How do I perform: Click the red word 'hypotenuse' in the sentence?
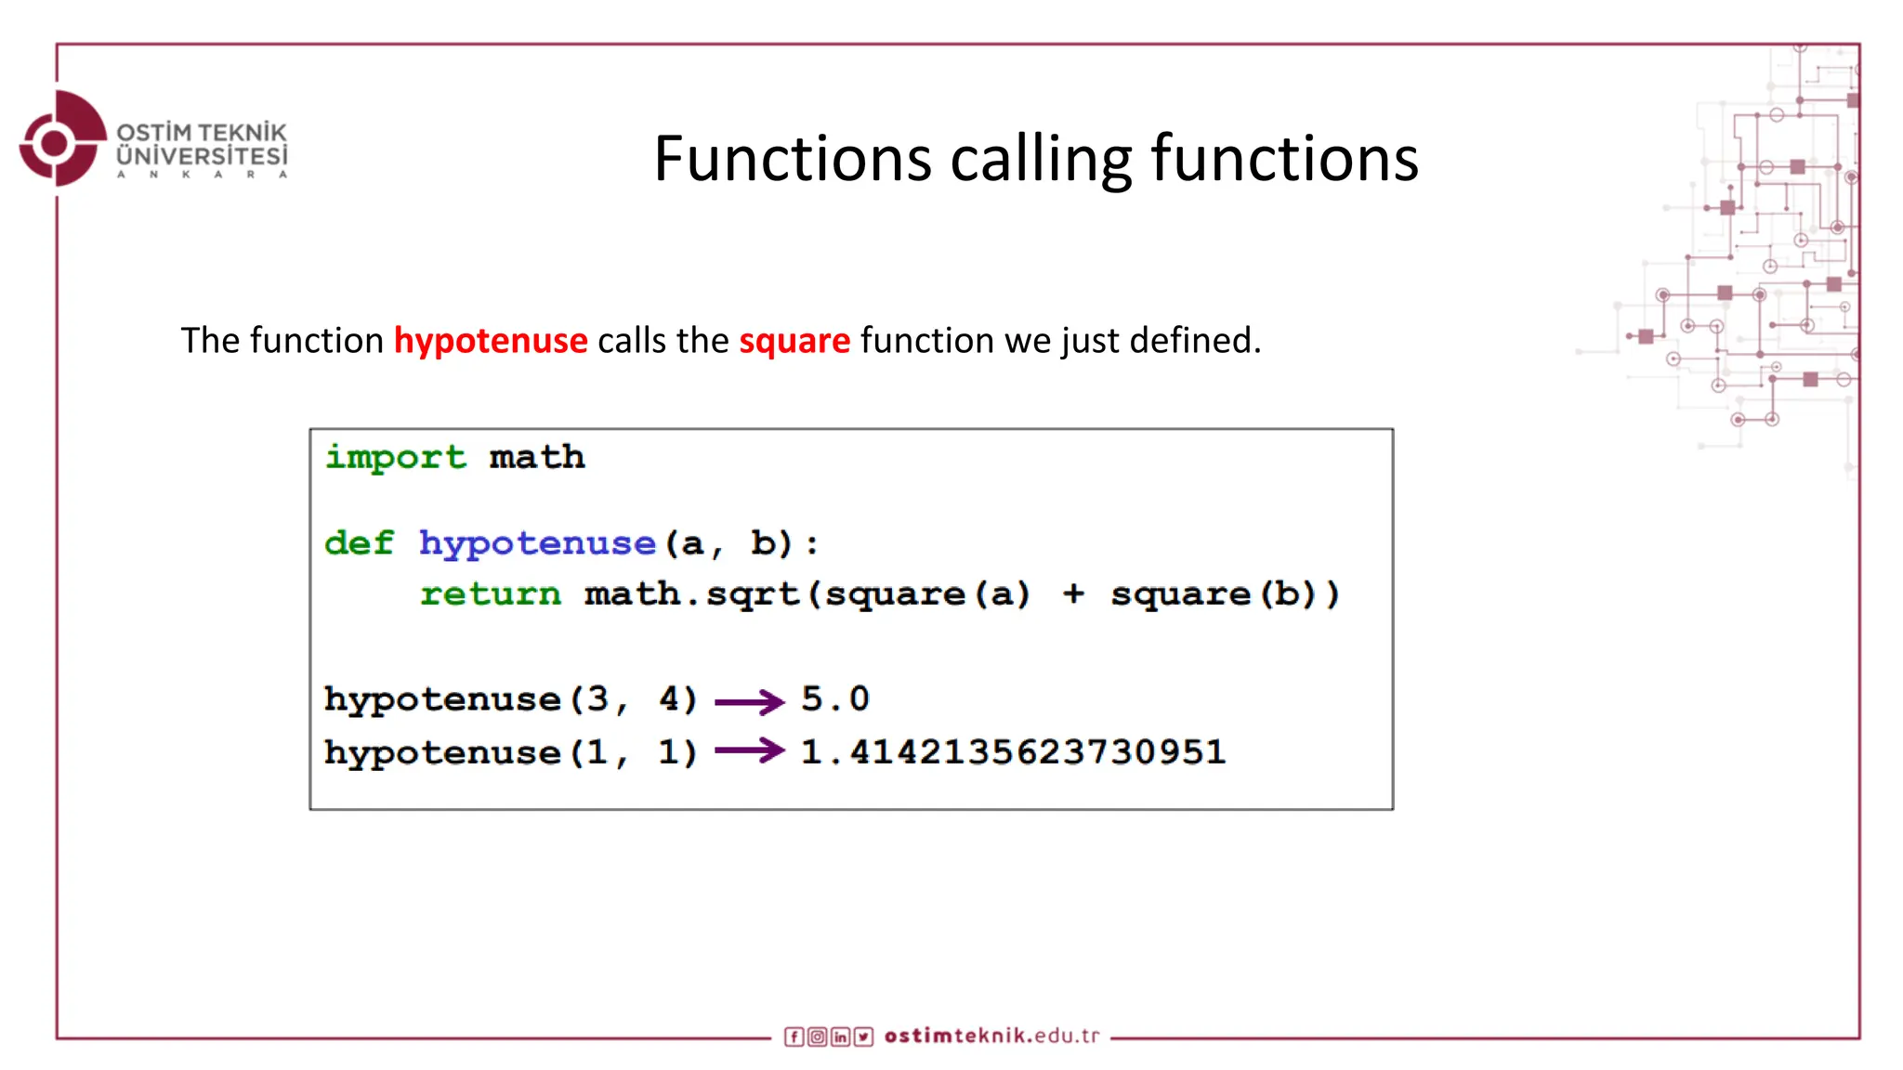pyautogui.click(x=491, y=341)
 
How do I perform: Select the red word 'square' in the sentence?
pyautogui.click(x=794, y=341)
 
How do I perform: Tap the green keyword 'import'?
pyautogui.click(x=396, y=457)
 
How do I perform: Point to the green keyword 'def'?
pyautogui.click(x=359, y=542)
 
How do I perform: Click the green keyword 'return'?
pyautogui.click(x=491, y=594)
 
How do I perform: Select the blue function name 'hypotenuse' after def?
pyautogui.click(x=537, y=543)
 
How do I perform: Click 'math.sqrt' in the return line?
pyautogui.click(x=692, y=594)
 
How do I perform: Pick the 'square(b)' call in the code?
pyautogui.click(x=1225, y=594)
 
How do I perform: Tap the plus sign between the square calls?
pyautogui.click(x=1073, y=594)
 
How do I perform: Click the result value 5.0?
pyautogui.click(x=835, y=698)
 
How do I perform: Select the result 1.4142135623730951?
pyautogui.click(x=1013, y=751)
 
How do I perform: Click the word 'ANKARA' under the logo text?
pyautogui.click(x=202, y=175)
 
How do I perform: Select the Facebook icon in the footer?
pyautogui.click(x=794, y=1037)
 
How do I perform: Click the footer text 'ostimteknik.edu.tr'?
pyautogui.click(x=991, y=1036)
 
